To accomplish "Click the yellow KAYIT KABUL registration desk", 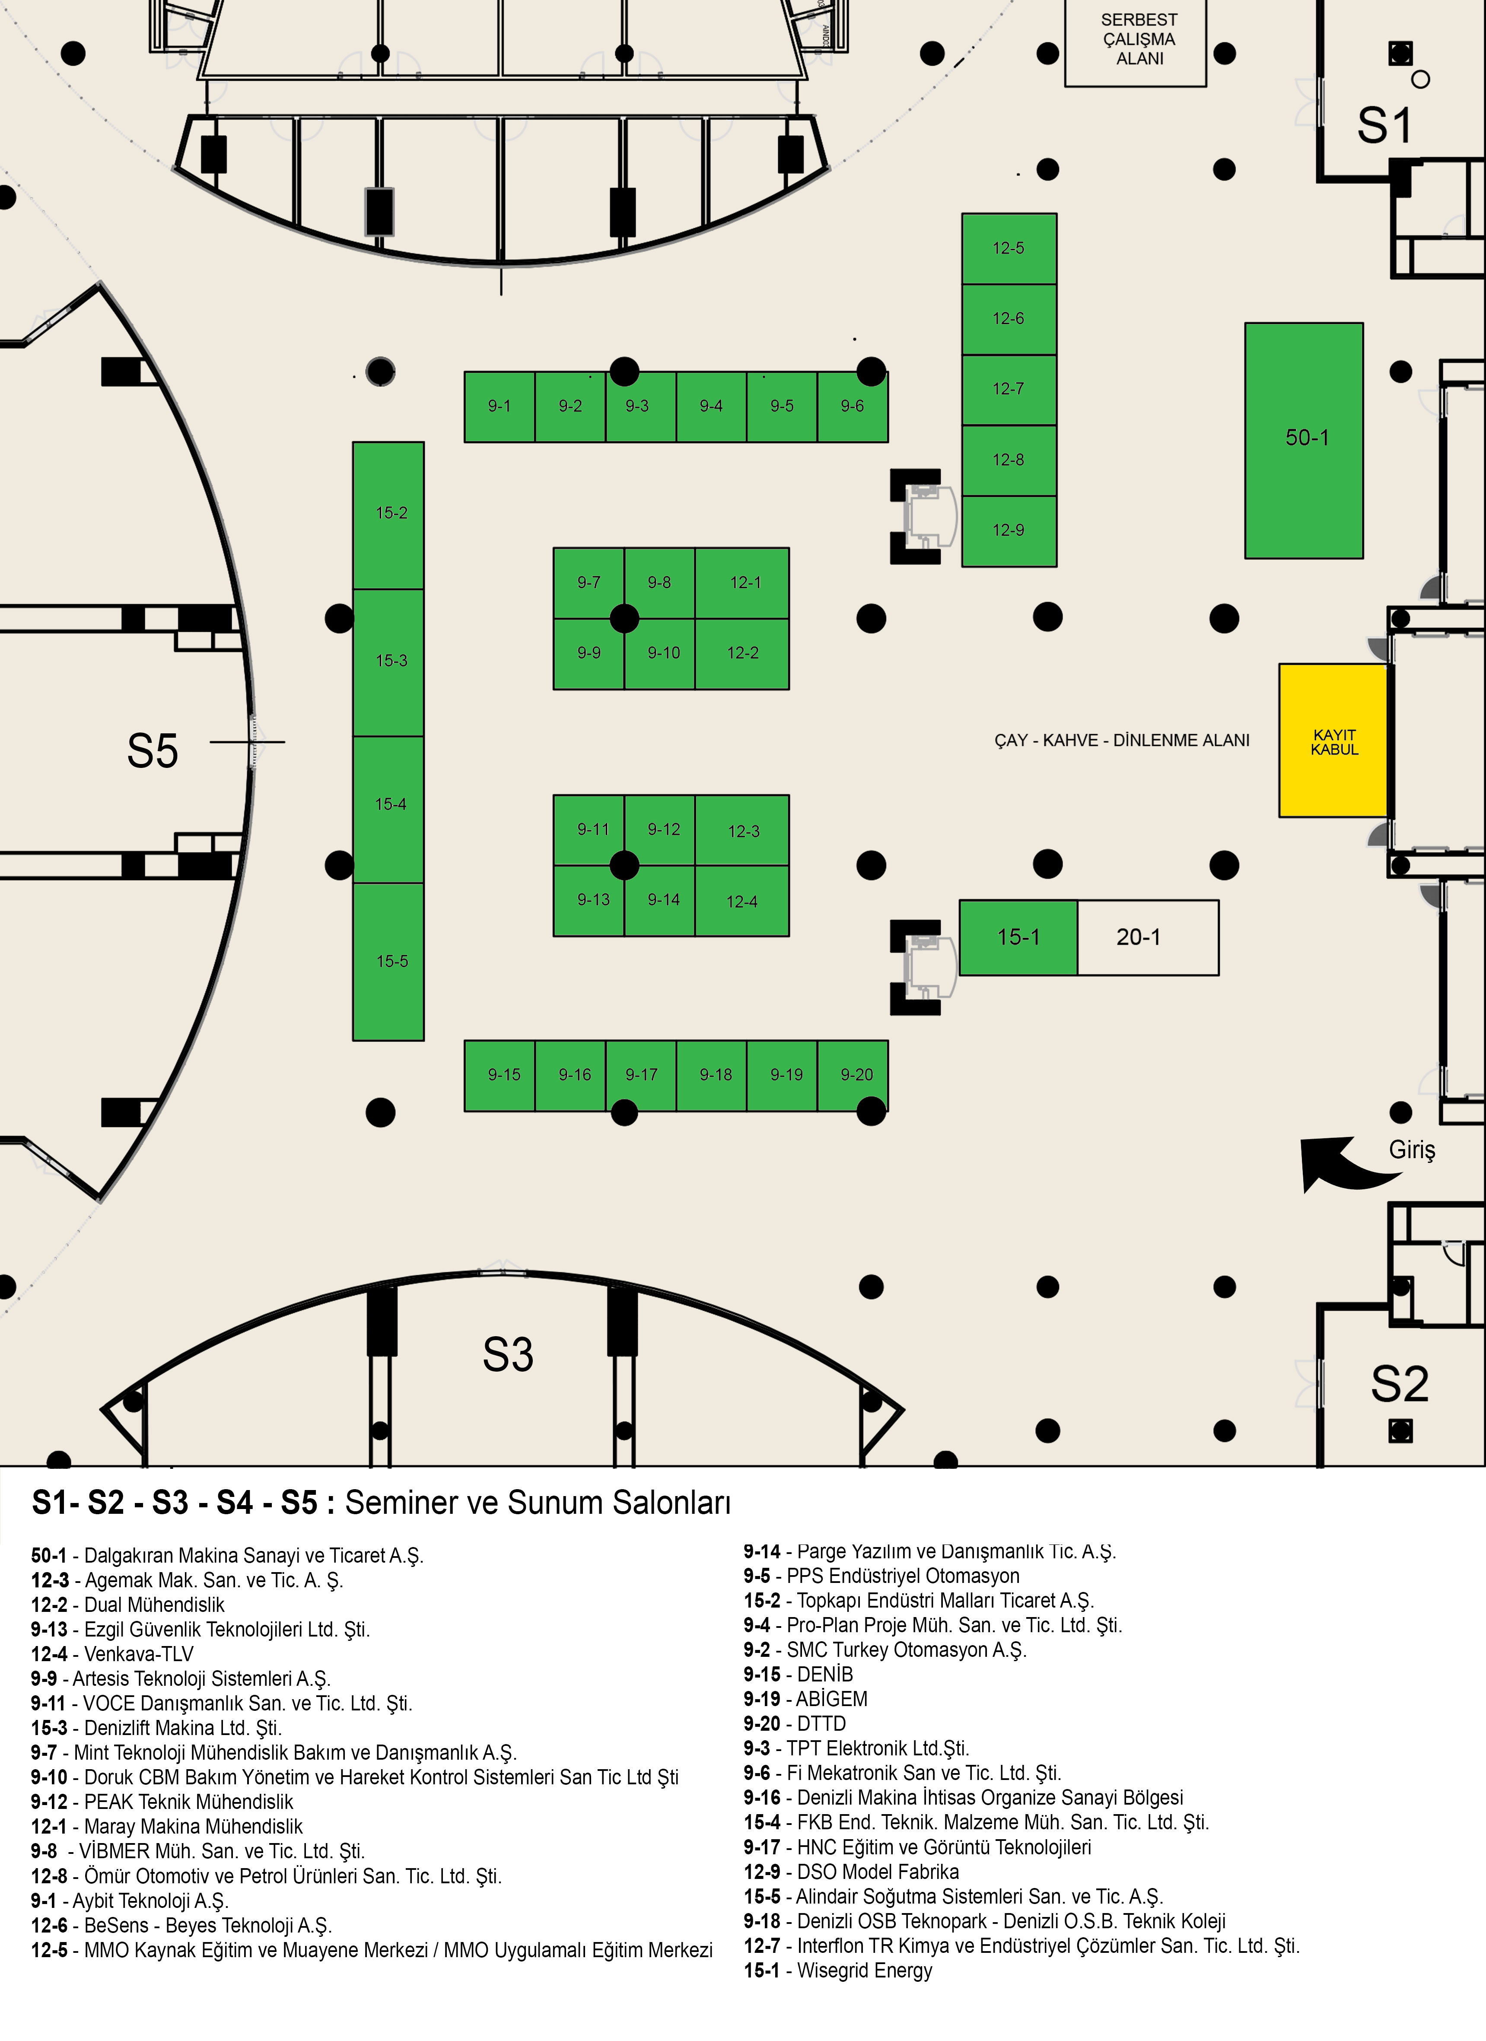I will tap(1333, 741).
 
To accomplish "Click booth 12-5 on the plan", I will tap(1008, 248).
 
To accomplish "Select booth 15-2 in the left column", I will tap(389, 514).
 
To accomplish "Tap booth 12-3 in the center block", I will tap(742, 831).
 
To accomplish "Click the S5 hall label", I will tap(153, 751).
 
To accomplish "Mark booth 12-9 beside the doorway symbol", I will tap(1008, 531).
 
